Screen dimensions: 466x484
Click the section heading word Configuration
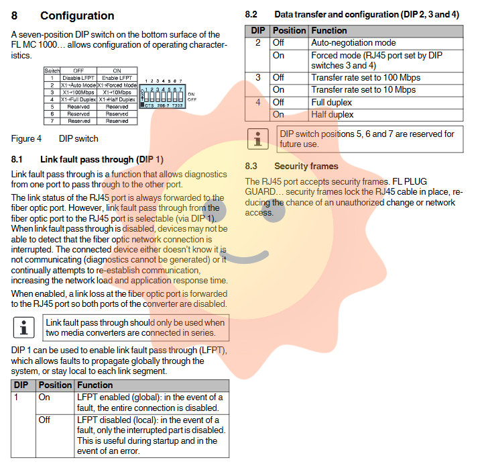point(77,15)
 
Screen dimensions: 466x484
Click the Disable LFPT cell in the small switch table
point(78,78)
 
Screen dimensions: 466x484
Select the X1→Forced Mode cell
point(117,85)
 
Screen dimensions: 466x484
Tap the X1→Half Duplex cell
point(117,99)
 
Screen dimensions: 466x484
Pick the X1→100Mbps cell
point(78,92)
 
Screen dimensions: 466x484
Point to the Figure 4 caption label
point(26,139)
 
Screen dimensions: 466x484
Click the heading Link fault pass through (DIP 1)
point(101,160)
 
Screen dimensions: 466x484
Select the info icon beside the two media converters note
point(24,328)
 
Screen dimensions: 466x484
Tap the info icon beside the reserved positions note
point(257,139)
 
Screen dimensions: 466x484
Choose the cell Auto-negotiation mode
point(353,42)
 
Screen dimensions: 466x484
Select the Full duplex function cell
point(331,102)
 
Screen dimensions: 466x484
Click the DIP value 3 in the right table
point(257,78)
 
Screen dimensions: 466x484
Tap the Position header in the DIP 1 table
point(55,385)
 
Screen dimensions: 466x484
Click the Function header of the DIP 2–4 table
point(328,30)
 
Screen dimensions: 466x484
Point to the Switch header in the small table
point(52,71)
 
